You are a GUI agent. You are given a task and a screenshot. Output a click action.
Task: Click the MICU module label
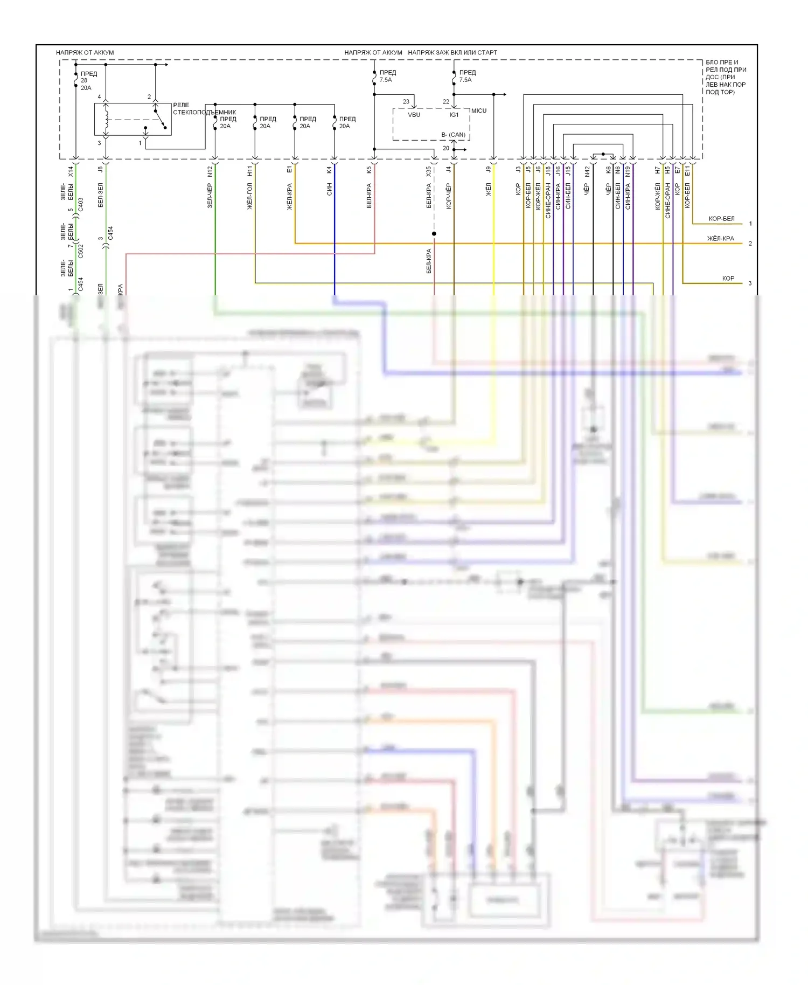pyautogui.click(x=478, y=110)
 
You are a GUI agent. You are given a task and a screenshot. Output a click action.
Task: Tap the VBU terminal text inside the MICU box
pyautogui.click(x=414, y=115)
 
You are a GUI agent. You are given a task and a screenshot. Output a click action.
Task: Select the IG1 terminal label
pyautogui.click(x=454, y=115)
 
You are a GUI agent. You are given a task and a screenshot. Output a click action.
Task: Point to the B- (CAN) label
pyautogui.click(x=453, y=135)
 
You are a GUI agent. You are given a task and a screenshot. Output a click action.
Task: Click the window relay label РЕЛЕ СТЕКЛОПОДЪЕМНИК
pyautogui.click(x=204, y=109)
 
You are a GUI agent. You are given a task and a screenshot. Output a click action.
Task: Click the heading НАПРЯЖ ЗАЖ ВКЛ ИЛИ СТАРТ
pyautogui.click(x=452, y=52)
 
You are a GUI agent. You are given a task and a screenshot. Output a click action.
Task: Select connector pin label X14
pyautogui.click(x=71, y=171)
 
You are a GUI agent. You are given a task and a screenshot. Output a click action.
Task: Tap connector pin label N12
pyautogui.click(x=210, y=171)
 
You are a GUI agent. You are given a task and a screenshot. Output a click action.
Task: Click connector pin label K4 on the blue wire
pyautogui.click(x=329, y=170)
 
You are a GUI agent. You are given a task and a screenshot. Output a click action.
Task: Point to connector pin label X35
pyautogui.click(x=429, y=171)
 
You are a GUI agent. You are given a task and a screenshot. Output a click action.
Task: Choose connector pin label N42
pyautogui.click(x=587, y=171)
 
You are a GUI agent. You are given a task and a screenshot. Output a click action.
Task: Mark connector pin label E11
pyautogui.click(x=687, y=171)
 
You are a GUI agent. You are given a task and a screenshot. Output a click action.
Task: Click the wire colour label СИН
pyautogui.click(x=329, y=189)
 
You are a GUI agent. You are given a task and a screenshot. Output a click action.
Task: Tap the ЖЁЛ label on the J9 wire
pyautogui.click(x=489, y=189)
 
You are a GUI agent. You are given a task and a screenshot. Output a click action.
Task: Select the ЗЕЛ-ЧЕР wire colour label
pyautogui.click(x=210, y=196)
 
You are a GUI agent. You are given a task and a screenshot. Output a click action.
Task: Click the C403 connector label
pyautogui.click(x=81, y=204)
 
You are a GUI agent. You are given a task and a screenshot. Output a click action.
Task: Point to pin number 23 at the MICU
pyautogui.click(x=406, y=101)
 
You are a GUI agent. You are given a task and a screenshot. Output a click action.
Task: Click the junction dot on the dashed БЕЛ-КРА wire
pyautogui.click(x=434, y=233)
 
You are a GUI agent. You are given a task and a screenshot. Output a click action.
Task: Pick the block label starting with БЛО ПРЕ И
pyautogui.click(x=725, y=77)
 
